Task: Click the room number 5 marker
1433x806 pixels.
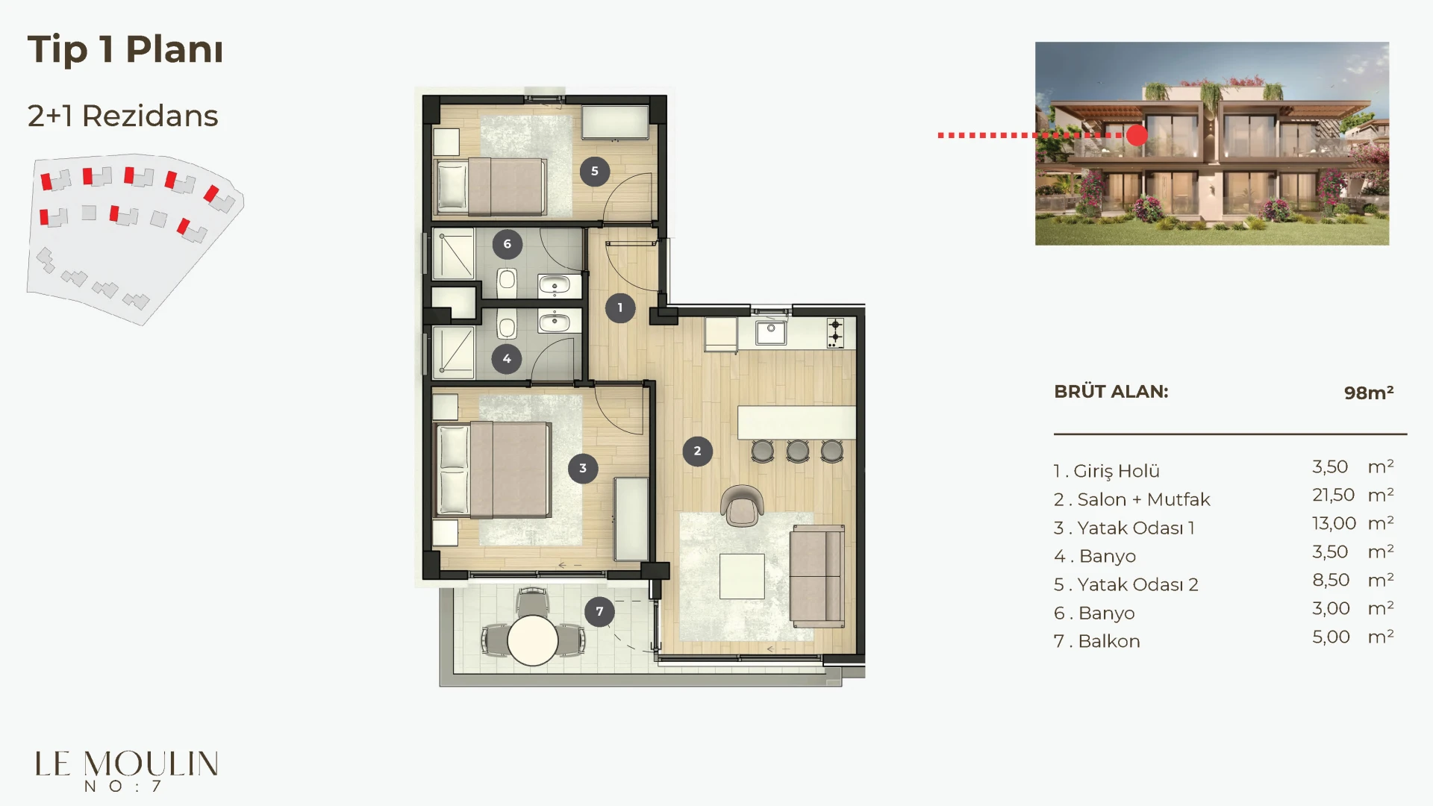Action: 595,171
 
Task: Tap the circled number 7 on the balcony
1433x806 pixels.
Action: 599,611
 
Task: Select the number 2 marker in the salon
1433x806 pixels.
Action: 697,451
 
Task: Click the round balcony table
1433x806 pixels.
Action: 533,640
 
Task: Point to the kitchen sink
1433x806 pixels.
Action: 771,332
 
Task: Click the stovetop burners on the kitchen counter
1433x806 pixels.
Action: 835,333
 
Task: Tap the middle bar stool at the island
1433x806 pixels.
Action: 798,451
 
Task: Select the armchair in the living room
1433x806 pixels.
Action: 742,505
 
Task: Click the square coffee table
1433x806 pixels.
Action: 742,576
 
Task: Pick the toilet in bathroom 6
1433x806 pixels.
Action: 507,283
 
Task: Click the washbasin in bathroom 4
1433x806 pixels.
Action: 555,322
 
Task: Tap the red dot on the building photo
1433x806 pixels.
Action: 1137,135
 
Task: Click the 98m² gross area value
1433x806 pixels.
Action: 1369,393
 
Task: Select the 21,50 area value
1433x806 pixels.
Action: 1333,495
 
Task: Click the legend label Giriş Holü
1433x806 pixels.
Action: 1117,471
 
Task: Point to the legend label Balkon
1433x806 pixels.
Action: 1109,641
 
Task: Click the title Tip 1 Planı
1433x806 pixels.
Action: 125,50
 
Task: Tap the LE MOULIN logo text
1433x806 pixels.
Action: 127,764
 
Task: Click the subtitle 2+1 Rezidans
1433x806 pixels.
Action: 122,116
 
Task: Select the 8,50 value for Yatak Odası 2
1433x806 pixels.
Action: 1331,580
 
